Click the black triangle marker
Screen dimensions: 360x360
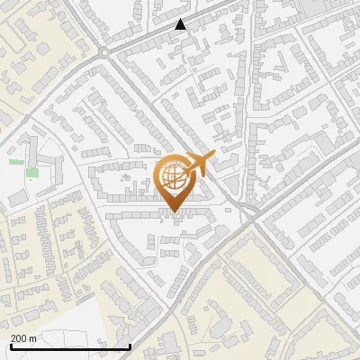coord(181,25)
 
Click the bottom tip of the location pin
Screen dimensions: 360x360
coord(172,213)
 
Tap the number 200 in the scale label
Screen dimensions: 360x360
coord(19,337)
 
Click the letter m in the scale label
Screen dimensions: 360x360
coord(32,337)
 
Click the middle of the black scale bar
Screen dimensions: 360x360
coord(70,346)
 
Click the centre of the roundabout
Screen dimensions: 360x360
coord(105,53)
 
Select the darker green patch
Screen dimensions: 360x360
coord(32,172)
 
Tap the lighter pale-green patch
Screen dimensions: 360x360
coord(16,161)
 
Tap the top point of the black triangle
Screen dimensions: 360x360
coord(181,20)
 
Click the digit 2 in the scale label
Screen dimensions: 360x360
coord(13,337)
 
